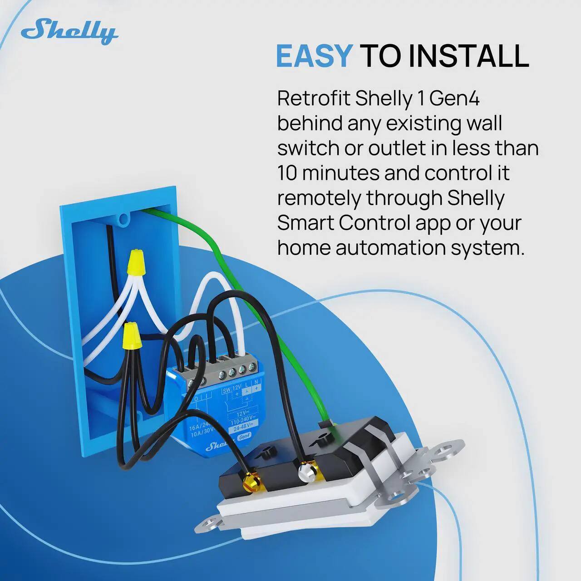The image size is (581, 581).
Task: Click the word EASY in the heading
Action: coord(314,56)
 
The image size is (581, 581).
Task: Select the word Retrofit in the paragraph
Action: coord(314,98)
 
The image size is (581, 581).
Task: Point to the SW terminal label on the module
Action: coord(226,391)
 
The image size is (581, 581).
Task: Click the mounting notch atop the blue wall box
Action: coord(123,220)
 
